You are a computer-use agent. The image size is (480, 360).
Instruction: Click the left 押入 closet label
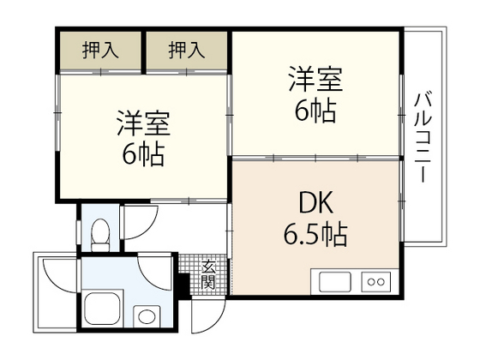pos(101,50)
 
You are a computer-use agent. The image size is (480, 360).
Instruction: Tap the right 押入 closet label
pos(187,50)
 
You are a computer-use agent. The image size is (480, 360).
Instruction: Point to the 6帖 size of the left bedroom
pos(143,155)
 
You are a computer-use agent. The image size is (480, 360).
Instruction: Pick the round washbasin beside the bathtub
pos(147,315)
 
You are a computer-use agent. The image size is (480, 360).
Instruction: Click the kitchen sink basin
pos(334,281)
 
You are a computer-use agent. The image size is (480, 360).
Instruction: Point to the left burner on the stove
pos(369,281)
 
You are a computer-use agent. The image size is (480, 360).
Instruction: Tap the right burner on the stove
pos(382,281)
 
